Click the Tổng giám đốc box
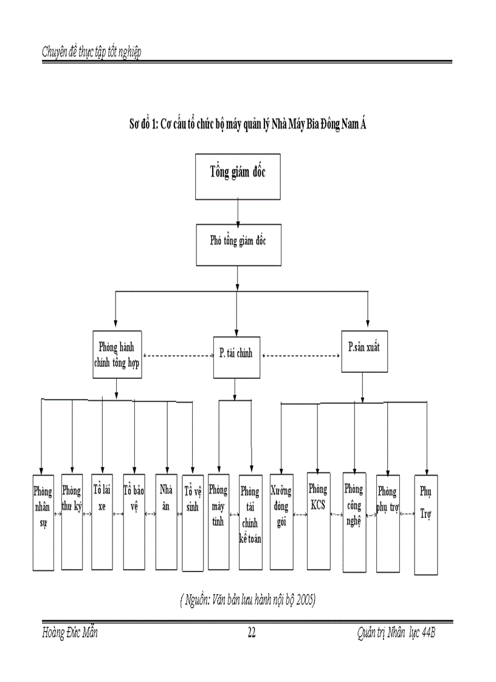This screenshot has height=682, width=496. coord(238,177)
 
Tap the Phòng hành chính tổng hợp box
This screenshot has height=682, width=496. coord(117,354)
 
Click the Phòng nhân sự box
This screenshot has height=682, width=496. coord(43,522)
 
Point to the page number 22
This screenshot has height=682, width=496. coord(252,633)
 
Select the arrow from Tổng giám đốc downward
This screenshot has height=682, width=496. coord(238,212)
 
